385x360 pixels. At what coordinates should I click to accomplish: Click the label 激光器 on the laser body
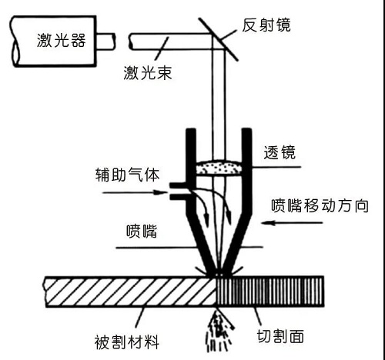pos(61,40)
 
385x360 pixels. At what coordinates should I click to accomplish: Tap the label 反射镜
pos(266,25)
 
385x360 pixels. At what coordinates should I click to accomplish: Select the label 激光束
pos(148,72)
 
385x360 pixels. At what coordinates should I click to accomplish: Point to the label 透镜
pos(280,152)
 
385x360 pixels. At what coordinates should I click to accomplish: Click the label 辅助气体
pos(127,175)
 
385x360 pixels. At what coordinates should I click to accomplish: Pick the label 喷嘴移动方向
pos(320,205)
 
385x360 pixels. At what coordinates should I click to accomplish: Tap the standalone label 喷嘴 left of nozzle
pos(142,232)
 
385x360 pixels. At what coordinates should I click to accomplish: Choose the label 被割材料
pos(127,342)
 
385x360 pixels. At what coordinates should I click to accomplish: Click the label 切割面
pos(280,336)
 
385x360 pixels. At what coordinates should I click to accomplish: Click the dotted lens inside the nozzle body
pos(219,168)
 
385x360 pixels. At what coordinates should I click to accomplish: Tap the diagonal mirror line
pos(219,39)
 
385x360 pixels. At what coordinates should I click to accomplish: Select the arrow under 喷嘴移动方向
pos(292,222)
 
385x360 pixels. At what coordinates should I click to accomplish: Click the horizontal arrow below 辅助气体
pos(135,192)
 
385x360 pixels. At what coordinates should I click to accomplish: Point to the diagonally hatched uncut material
pos(131,292)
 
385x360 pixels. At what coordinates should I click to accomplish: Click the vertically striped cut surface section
pos(270,292)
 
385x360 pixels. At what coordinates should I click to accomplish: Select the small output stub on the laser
pos(105,41)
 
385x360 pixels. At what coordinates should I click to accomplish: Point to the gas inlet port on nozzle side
pos(178,191)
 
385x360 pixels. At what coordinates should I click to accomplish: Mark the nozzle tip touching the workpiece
pos(218,274)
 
